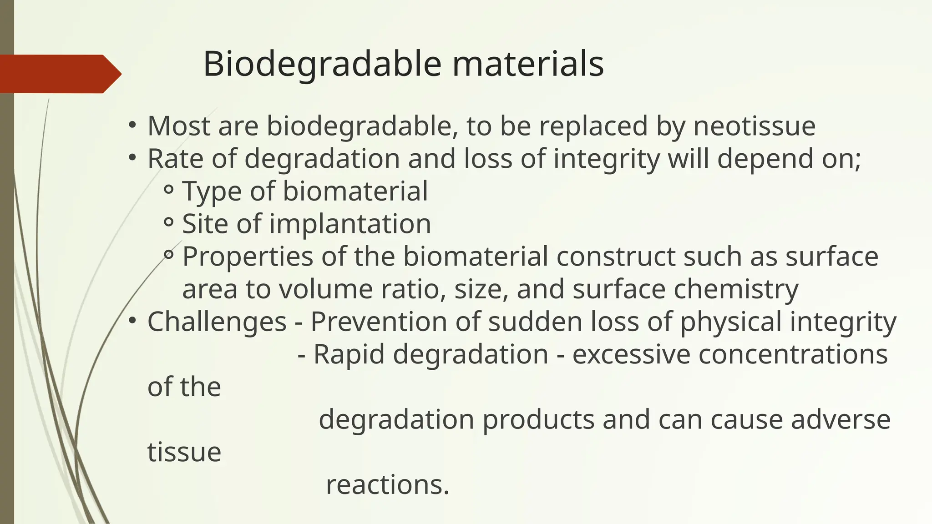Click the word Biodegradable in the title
click(x=322, y=65)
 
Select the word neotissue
click(x=754, y=126)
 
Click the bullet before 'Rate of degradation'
click(x=132, y=157)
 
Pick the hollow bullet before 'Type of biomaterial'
click(x=168, y=190)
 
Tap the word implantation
click(x=350, y=224)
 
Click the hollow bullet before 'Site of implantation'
click(x=168, y=223)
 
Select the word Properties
click(x=248, y=257)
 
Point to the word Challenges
click(x=217, y=322)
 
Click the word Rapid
click(x=349, y=354)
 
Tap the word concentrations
click(x=793, y=354)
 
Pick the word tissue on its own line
click(x=184, y=453)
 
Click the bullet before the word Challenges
click(x=132, y=321)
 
